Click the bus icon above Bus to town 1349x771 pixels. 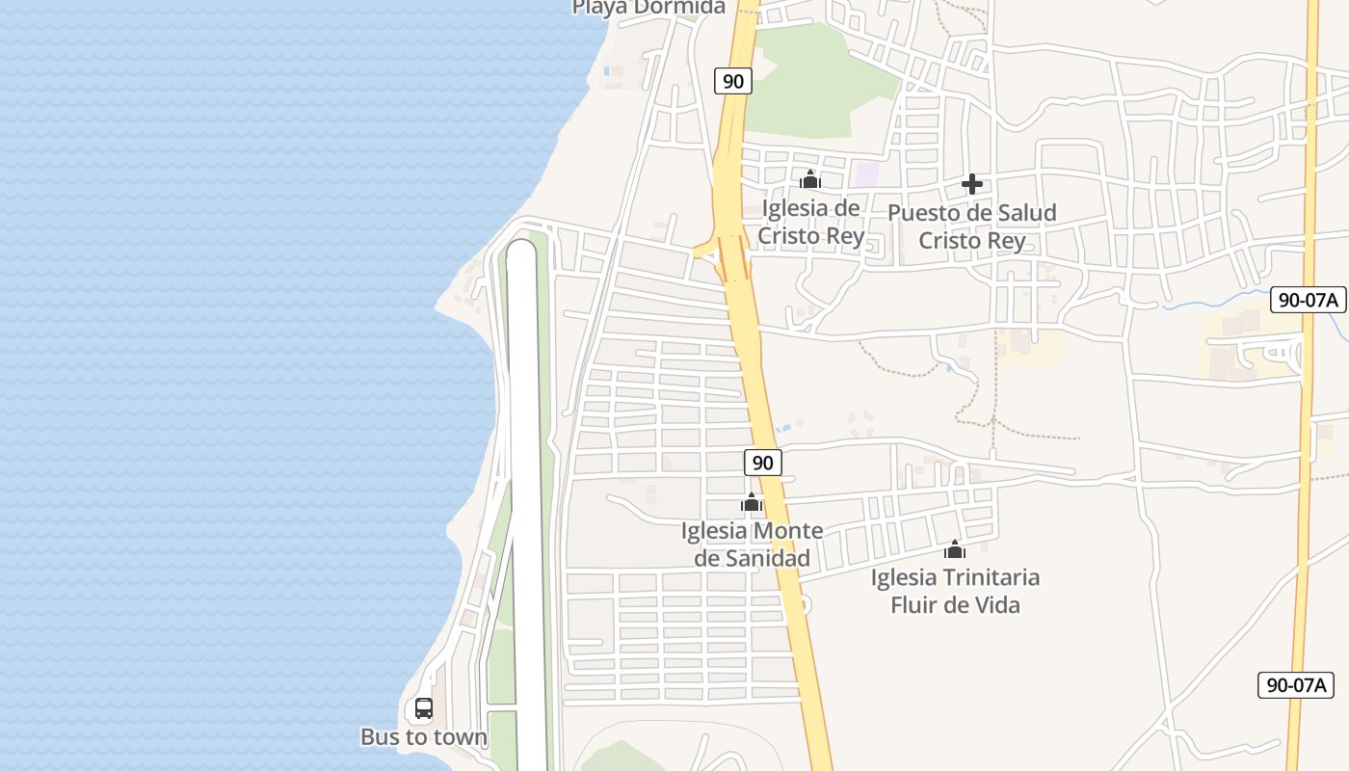pos(423,708)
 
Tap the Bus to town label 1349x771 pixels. pos(424,737)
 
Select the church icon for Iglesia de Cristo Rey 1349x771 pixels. pos(809,180)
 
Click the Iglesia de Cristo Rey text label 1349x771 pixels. pos(810,222)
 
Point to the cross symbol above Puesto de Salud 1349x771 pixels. pos(971,184)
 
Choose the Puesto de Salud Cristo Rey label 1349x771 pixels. pos(971,226)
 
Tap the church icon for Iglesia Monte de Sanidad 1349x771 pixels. pos(752,502)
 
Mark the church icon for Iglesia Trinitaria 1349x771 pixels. pos(955,549)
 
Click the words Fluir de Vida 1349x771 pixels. pos(955,605)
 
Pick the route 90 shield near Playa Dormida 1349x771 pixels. pos(733,81)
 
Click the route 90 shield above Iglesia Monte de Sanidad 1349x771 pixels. pos(762,463)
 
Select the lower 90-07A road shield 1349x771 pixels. pos(1296,685)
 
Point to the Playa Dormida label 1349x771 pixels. pos(648,8)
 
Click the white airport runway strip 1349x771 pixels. pos(523,482)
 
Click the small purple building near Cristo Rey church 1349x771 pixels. pos(867,174)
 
